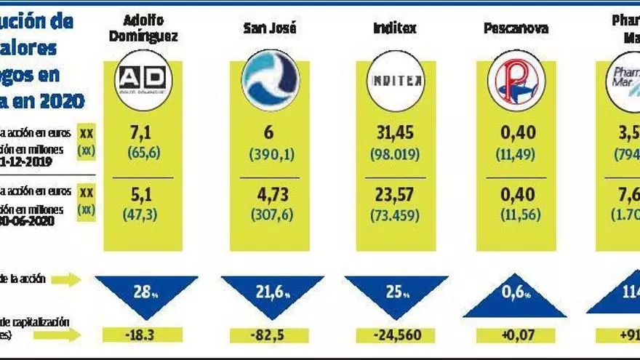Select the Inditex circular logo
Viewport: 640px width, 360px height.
click(x=396, y=80)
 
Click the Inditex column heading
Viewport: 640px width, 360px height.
click(x=396, y=29)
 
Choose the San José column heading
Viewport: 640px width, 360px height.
click(x=269, y=29)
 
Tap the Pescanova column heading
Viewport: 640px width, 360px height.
click(x=516, y=29)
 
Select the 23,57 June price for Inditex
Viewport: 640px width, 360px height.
click(x=396, y=196)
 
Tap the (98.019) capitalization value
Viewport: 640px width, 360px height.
click(x=396, y=153)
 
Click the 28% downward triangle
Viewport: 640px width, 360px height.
click(x=146, y=292)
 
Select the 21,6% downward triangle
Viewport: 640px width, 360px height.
click(x=271, y=292)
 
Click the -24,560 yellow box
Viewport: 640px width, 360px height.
click(x=396, y=336)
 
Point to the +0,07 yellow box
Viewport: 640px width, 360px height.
click(x=516, y=336)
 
